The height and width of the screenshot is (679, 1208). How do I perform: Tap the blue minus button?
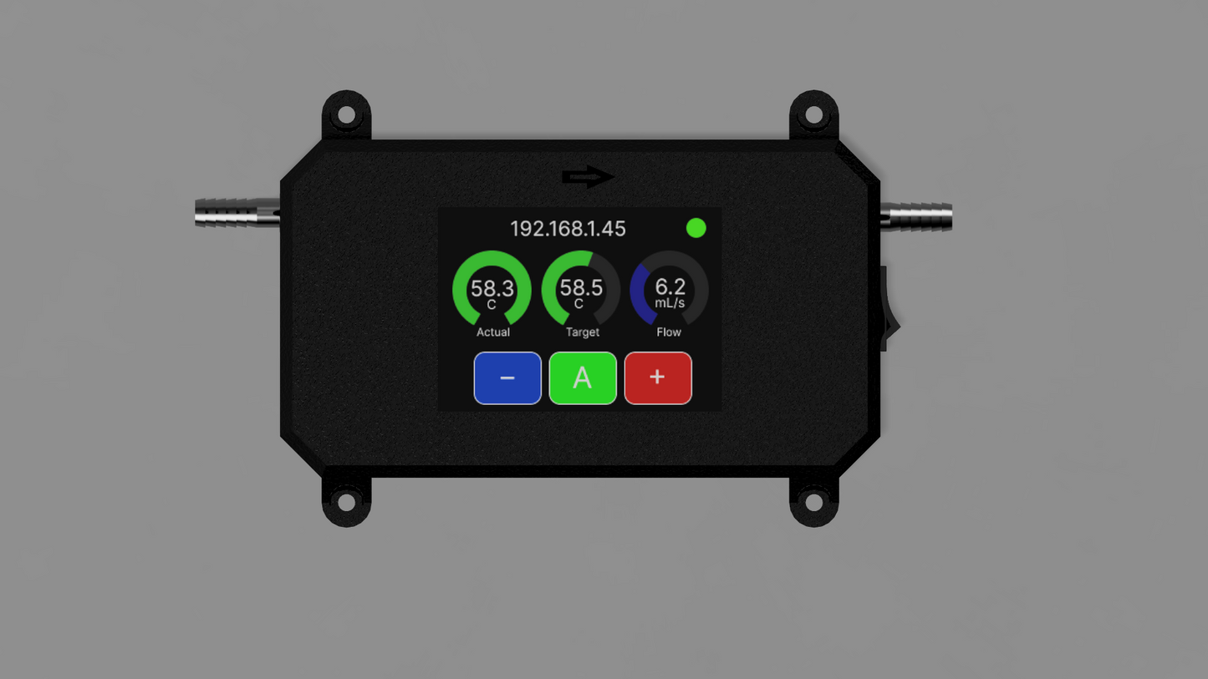(507, 378)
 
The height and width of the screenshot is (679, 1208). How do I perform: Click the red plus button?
(658, 378)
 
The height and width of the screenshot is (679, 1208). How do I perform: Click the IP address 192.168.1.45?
(568, 229)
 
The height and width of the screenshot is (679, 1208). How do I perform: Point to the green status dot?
(696, 228)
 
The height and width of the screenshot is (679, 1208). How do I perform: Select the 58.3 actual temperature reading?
(492, 288)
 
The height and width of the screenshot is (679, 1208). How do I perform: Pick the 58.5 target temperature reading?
(581, 288)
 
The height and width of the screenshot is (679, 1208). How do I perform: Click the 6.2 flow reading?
(670, 286)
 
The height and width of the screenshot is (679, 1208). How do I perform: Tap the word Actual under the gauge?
(493, 332)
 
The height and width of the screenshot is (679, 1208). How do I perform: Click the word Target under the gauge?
(583, 332)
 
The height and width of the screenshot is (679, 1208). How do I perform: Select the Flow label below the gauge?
(669, 332)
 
